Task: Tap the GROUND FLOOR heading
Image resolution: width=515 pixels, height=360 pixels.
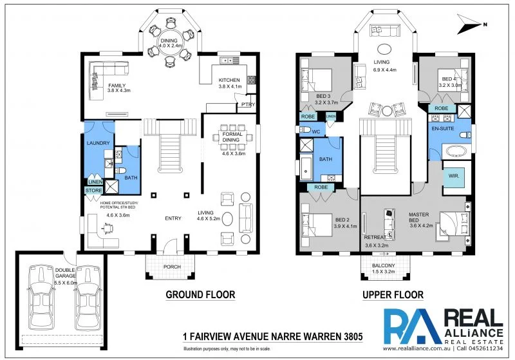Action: (x=200, y=295)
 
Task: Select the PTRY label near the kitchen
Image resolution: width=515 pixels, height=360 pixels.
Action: (x=248, y=104)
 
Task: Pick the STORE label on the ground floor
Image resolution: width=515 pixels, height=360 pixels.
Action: (x=94, y=190)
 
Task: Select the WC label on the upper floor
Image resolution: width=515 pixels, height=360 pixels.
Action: (x=315, y=131)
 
